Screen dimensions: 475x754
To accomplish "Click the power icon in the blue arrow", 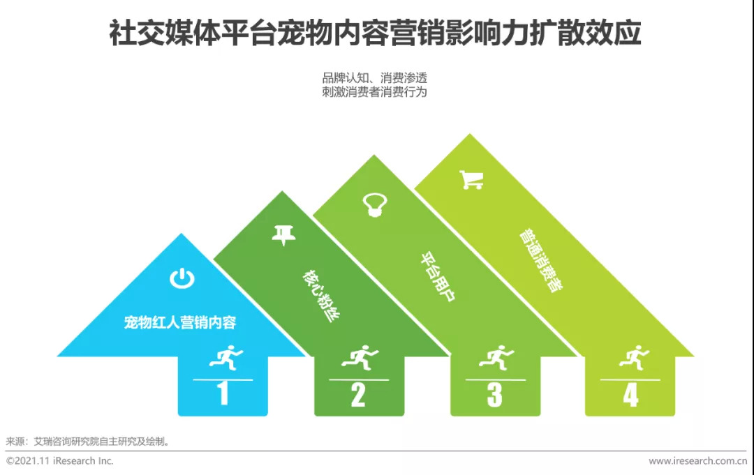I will [182, 279].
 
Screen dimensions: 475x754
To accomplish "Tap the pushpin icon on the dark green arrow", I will [283, 235].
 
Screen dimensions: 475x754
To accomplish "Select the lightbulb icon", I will [372, 204].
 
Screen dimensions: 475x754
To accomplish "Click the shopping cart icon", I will [471, 180].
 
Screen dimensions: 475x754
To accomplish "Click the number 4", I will [630, 395].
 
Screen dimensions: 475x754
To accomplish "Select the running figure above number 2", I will [358, 358].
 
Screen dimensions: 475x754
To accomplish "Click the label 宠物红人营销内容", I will [180, 323].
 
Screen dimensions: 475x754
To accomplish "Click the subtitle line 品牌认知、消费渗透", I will [374, 77].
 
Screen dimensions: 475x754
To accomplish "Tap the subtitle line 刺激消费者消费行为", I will [374, 91].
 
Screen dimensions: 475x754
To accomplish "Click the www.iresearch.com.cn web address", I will [697, 461].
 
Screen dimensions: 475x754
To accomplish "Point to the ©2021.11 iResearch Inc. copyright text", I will [59, 461].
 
